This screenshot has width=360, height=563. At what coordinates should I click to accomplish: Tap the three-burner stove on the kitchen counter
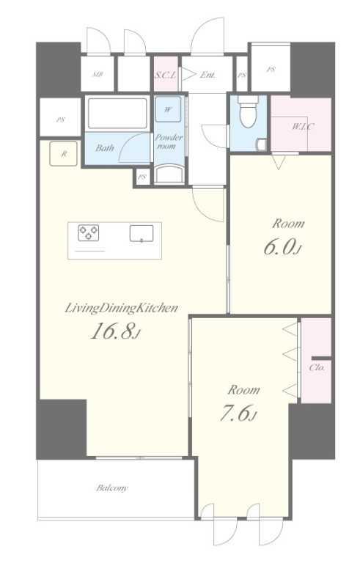[89, 232]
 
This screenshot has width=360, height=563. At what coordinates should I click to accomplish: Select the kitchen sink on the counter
[142, 233]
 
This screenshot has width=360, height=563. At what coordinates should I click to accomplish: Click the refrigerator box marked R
[63, 154]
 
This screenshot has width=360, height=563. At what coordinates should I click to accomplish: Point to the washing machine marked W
[168, 109]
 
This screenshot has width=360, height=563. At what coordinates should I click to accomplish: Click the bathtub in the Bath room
[117, 113]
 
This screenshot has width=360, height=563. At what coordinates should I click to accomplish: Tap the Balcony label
[111, 488]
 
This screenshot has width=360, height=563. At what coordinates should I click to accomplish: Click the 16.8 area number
[114, 331]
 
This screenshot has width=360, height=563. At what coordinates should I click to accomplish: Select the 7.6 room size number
[238, 413]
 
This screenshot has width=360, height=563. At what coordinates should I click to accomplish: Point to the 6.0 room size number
[282, 247]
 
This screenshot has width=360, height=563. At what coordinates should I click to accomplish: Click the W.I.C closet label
[303, 126]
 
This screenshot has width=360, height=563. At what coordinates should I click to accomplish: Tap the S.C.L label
[166, 76]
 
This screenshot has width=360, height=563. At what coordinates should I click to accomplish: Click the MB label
[98, 75]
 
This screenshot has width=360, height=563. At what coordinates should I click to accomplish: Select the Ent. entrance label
[207, 75]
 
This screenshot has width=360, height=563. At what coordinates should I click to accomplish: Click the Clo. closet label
[317, 368]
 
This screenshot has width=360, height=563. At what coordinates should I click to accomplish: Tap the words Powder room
[169, 141]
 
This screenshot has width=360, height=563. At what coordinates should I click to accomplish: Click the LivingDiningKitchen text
[121, 308]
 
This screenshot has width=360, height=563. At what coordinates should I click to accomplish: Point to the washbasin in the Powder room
[169, 174]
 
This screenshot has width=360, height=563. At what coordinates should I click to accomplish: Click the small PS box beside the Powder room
[143, 177]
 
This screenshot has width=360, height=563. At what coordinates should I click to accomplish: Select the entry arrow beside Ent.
[189, 75]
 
